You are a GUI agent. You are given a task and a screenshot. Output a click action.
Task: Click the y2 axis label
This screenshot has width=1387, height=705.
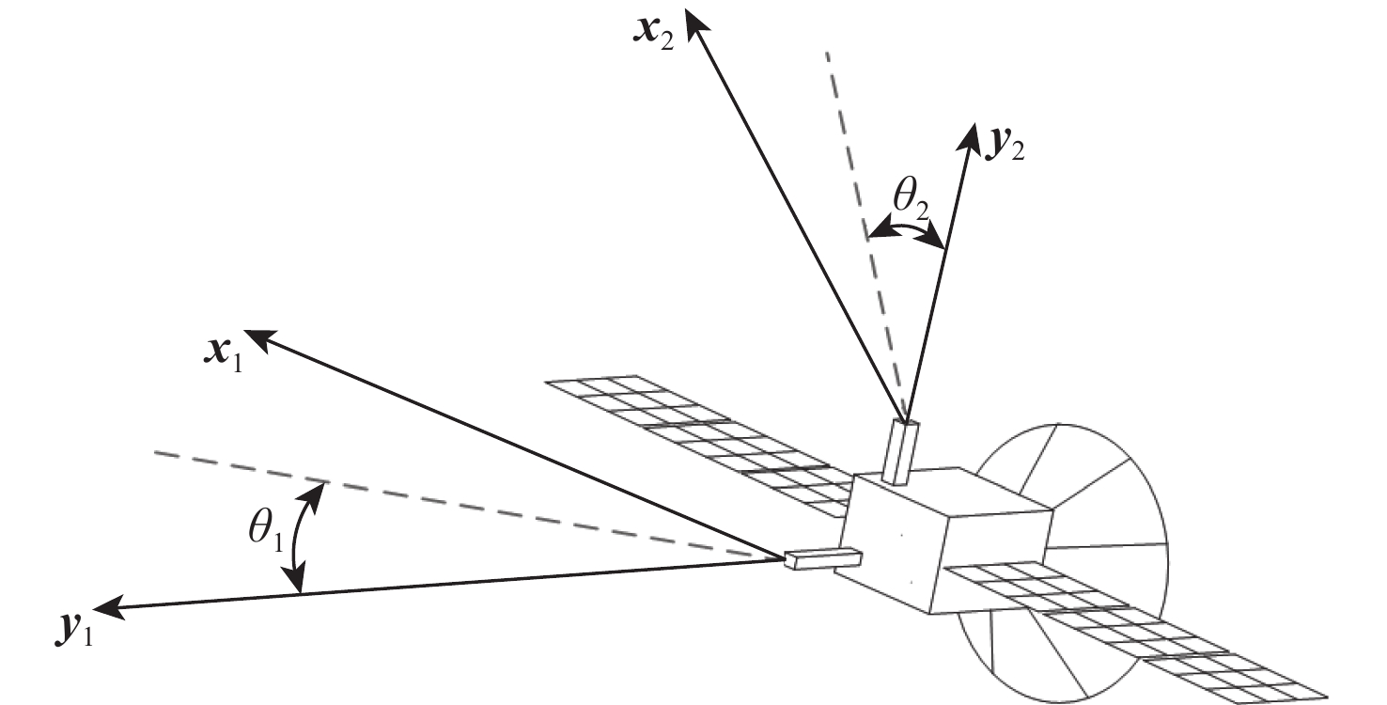click(1005, 147)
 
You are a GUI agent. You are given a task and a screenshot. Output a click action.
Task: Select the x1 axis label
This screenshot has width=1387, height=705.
click(223, 356)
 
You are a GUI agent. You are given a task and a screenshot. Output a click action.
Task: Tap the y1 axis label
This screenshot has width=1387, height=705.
click(74, 631)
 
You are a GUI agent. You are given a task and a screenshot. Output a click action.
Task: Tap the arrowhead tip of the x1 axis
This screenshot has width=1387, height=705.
click(246, 331)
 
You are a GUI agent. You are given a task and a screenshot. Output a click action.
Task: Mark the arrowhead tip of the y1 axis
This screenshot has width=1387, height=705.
click(94, 608)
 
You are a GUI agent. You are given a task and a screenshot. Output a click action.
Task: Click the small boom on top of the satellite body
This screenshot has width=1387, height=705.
click(901, 451)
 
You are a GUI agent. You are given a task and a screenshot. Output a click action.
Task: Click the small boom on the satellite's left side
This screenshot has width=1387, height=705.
click(822, 558)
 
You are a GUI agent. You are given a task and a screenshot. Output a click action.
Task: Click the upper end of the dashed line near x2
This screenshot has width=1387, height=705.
click(827, 54)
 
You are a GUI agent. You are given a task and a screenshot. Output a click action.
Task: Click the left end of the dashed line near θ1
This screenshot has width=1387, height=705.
click(155, 453)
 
